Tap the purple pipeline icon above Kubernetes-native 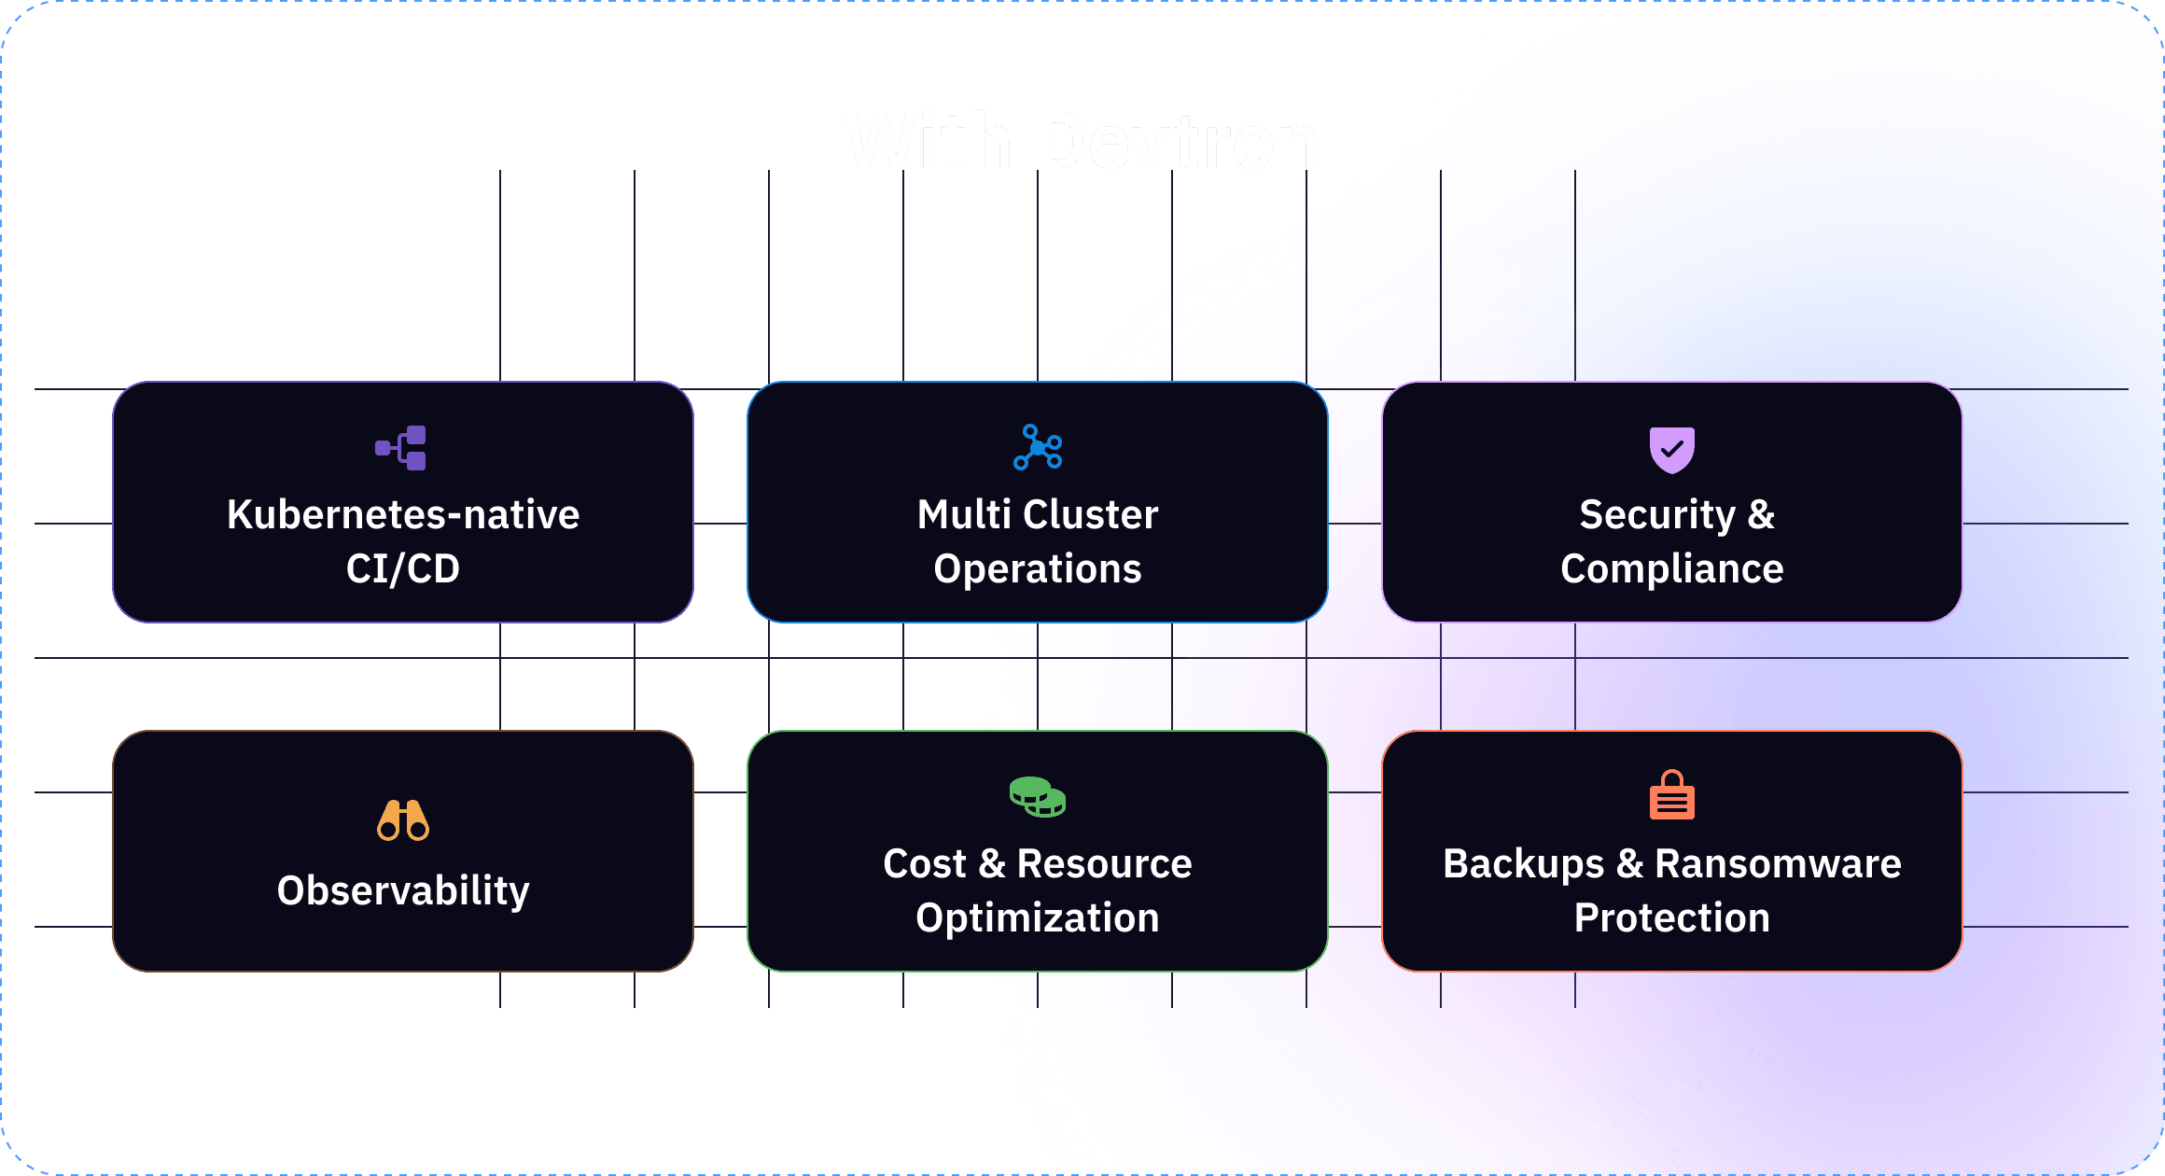(401, 448)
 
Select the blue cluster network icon (1038, 447)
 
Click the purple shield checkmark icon (1671, 449)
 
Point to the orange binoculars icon (403, 820)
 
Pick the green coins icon (1038, 797)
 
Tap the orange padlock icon (1671, 795)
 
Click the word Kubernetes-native (403, 514)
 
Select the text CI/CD (403, 568)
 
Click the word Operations (1038, 568)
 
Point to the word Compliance (1671, 568)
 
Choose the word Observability (403, 890)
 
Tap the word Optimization (1038, 917)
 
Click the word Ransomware (1778, 863)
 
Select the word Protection (1671, 917)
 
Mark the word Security (1656, 514)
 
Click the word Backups (1523, 863)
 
